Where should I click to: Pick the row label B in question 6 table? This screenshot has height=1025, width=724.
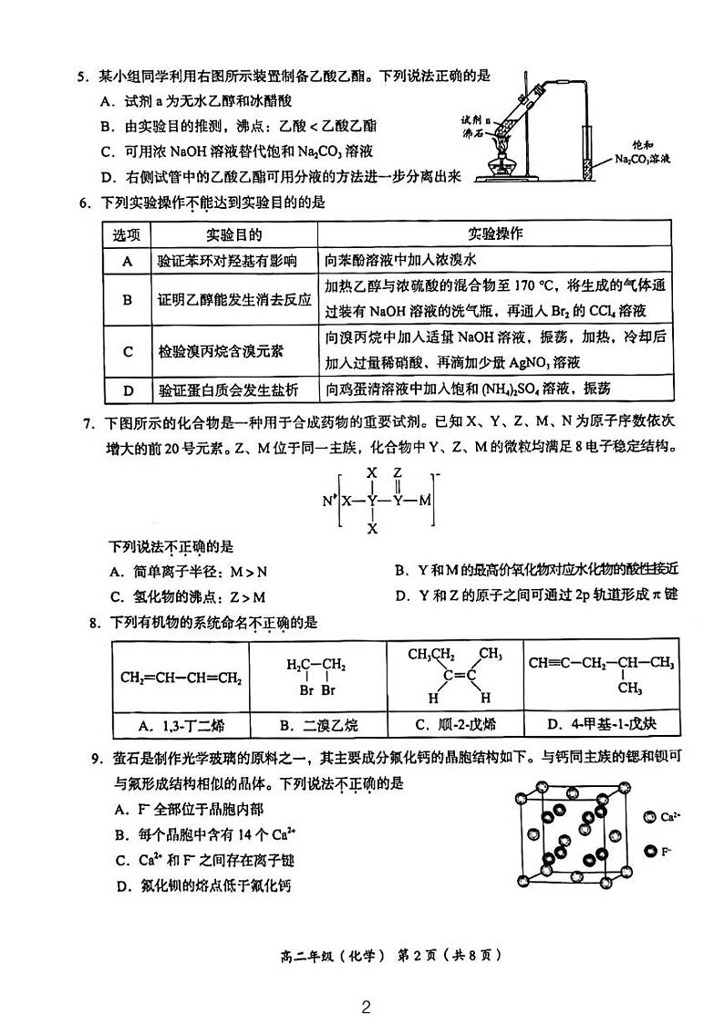[128, 299]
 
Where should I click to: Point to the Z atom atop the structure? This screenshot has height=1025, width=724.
[398, 474]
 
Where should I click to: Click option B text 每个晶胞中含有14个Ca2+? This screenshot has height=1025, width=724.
[207, 834]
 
